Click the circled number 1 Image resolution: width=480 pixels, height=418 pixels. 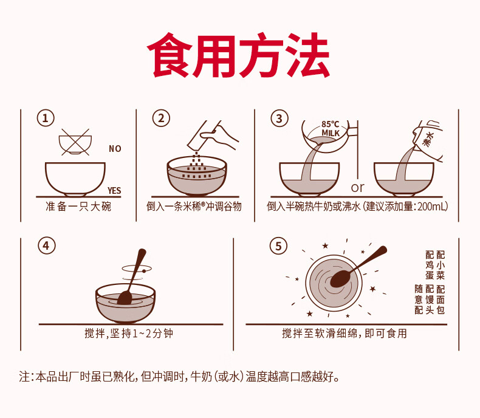46,118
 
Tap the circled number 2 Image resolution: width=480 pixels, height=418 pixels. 161,118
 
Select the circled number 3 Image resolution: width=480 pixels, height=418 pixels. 279,118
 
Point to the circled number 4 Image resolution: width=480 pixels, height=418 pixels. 47,245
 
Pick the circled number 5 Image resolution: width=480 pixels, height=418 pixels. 278,246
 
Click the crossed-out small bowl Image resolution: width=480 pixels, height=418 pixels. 75,142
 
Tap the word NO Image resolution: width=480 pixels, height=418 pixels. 115,149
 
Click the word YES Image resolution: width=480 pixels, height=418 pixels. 114,191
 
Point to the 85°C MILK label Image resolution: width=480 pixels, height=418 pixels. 331,129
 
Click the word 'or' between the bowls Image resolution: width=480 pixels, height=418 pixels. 357,187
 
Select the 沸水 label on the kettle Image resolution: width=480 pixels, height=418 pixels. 428,139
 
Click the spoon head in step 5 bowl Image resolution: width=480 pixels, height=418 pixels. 340,279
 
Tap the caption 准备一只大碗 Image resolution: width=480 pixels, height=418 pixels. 78,207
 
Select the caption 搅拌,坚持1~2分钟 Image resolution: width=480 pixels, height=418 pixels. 129,333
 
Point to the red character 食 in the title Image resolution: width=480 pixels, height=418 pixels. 170,55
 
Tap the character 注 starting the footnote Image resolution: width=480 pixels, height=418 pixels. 24,377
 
